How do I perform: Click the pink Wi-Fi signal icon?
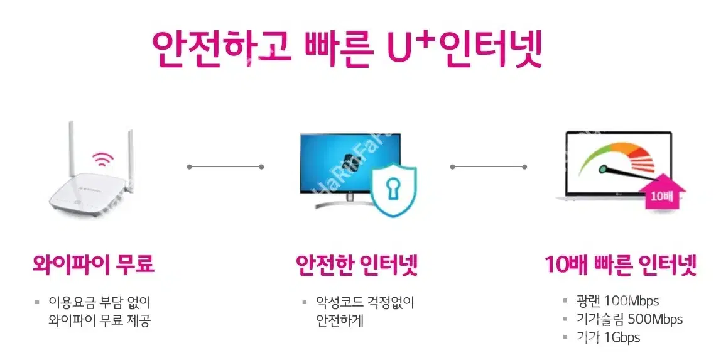point(103,160)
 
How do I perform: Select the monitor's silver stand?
point(350,202)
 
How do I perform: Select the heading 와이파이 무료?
point(94,264)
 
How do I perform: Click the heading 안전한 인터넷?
point(357,265)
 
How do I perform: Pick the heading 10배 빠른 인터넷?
point(621,264)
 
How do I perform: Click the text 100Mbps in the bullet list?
point(631,301)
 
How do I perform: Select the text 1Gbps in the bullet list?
point(622,337)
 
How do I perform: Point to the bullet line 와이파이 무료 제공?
point(99,320)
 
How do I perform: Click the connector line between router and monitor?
point(225,166)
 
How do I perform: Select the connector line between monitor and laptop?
point(489,166)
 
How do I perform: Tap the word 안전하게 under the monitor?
point(340,320)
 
